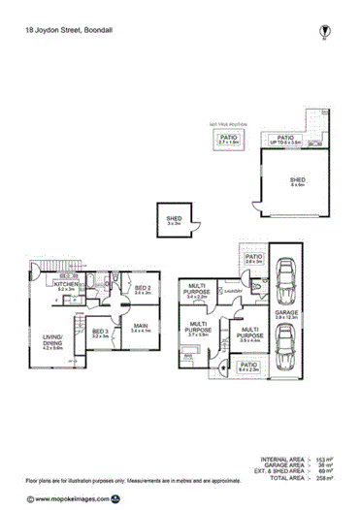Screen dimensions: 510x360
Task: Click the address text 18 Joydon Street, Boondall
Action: (68, 30)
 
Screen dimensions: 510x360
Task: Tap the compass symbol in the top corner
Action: (323, 32)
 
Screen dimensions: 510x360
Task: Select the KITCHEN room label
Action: (66, 286)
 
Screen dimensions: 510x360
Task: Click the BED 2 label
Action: (142, 290)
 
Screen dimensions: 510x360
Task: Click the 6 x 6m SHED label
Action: (297, 182)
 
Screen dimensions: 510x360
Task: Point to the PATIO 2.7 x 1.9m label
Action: (227, 141)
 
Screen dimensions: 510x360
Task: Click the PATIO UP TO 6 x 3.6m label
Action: (286, 141)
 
